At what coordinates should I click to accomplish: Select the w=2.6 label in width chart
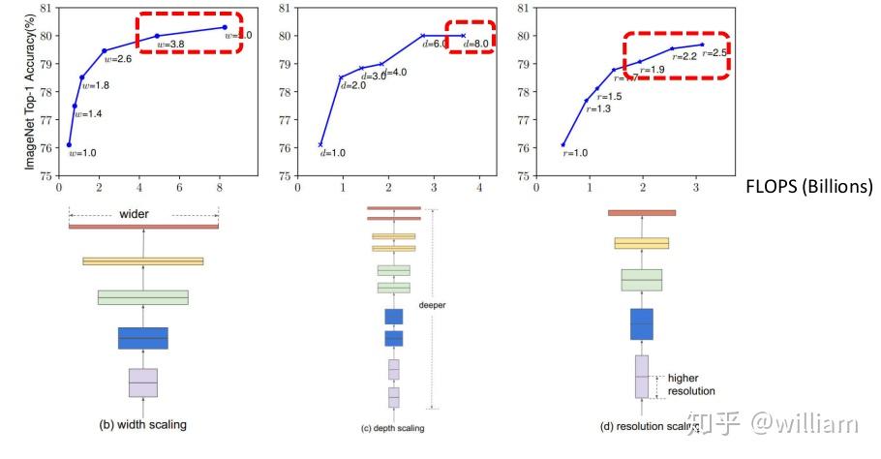click(116, 59)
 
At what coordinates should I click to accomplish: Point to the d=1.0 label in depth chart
click(332, 152)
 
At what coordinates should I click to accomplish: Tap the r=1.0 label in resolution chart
click(575, 153)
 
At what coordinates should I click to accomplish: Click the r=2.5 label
click(714, 52)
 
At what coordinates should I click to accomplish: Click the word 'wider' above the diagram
click(143, 214)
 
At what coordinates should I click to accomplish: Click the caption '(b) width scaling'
click(143, 424)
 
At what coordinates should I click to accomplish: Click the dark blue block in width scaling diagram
click(143, 337)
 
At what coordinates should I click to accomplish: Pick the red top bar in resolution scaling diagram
click(641, 212)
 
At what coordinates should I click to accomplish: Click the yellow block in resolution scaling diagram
click(641, 243)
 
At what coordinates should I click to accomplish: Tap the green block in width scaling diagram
click(143, 297)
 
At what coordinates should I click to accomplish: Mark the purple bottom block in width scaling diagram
click(143, 382)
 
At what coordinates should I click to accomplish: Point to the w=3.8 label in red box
click(170, 45)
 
